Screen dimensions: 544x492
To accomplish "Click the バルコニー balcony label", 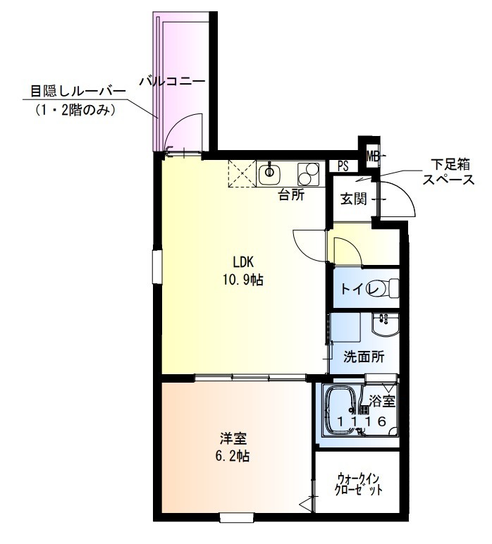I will [172, 82].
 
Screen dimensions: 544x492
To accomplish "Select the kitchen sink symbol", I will [269, 172].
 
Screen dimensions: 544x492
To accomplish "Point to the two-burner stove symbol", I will [309, 173].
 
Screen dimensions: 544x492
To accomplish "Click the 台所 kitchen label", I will [291, 195].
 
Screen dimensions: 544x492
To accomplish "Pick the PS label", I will [343, 167].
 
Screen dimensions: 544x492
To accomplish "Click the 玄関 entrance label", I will [354, 199].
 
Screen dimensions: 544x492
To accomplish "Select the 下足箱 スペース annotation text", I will [443, 172].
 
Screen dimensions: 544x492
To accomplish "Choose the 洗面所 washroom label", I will [364, 357].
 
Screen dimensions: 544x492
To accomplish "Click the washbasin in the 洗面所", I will [384, 327].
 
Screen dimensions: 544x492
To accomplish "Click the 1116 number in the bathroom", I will [360, 422].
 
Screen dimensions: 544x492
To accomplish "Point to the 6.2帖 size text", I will [232, 456].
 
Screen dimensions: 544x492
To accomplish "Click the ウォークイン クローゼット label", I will [359, 484].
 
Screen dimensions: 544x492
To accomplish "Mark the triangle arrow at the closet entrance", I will [305, 505].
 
